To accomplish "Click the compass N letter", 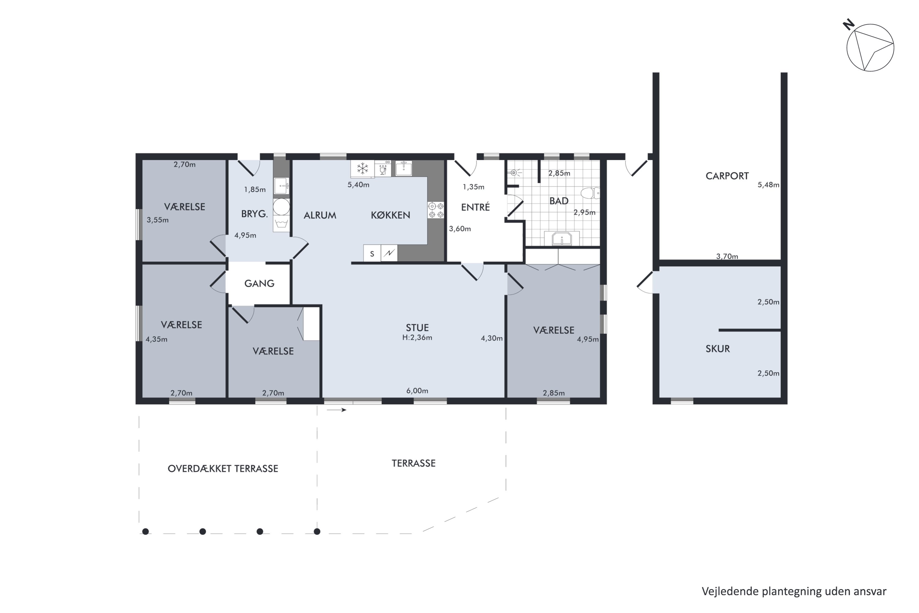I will coord(848,25).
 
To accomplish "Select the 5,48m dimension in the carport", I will coord(768,185).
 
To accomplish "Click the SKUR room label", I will coord(717,349).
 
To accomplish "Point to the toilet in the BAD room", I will coord(590,193).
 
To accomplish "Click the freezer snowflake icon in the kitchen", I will coord(363,169).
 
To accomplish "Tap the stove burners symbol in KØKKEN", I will coord(436,210).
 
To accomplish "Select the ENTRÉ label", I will coord(475,207).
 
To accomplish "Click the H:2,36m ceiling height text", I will coord(417,338).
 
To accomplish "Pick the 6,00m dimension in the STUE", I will coord(417,390).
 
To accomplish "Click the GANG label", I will coord(259,284).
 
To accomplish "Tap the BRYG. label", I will coord(254,214).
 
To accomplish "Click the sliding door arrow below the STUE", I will coord(336,410).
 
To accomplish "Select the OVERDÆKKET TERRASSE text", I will coord(223,469).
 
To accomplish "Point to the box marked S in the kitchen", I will coord(372,254).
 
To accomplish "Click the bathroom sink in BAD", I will coord(562,238).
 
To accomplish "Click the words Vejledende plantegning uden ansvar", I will coord(794,592).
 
